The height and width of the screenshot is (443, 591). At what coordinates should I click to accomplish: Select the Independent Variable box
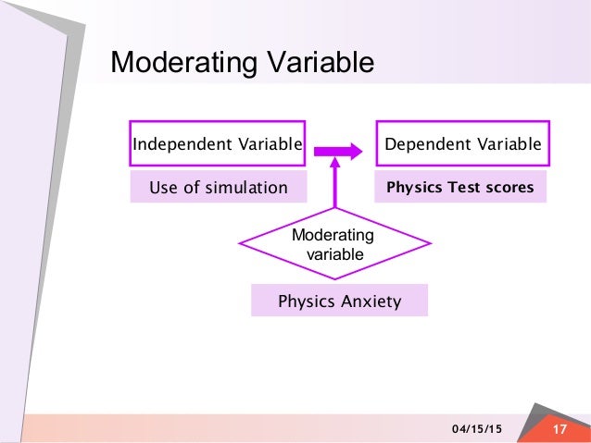[217, 144]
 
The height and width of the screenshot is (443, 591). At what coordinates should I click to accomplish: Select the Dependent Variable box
[462, 144]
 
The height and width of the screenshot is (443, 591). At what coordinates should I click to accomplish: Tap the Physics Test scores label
[460, 188]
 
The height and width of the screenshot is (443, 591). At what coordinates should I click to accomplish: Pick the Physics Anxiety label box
[339, 301]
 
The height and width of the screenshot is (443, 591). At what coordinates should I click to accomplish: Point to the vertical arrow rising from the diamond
[335, 185]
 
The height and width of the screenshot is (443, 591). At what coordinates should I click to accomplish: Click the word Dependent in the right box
[422, 144]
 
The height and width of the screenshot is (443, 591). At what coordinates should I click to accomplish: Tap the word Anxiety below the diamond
[370, 301]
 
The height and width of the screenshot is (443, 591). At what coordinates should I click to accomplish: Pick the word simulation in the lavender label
[245, 188]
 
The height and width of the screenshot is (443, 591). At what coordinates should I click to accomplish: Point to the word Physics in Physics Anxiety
[307, 301]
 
